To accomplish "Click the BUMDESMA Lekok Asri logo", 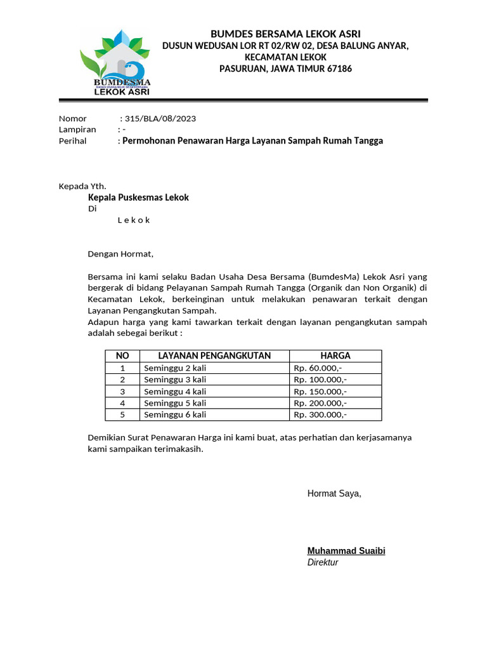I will [115, 63].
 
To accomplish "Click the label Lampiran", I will [77, 129].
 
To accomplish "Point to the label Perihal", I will [72, 141].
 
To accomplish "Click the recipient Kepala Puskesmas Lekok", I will [138, 197].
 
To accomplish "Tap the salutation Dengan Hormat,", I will [120, 254].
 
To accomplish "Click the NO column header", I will [122, 355].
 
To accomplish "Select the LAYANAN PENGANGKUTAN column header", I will [214, 355].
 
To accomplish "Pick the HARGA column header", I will [335, 355].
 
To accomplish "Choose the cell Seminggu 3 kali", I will [175, 380].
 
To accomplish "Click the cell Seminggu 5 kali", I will [175, 403].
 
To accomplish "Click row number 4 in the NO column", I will [122, 403].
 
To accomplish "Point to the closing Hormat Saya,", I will [334, 494].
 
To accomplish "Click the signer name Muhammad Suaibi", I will [346, 551].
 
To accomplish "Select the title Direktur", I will [323, 562].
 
